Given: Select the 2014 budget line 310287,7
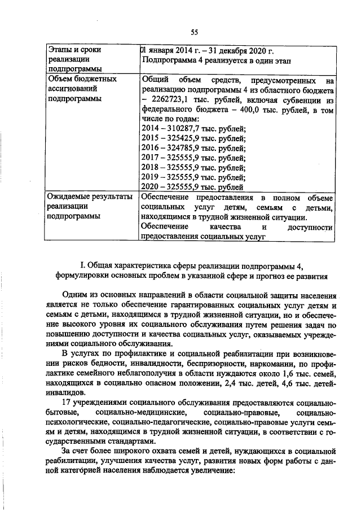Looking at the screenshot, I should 190,129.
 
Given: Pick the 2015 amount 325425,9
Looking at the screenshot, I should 190,139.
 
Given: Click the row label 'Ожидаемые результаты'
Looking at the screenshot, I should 90,197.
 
